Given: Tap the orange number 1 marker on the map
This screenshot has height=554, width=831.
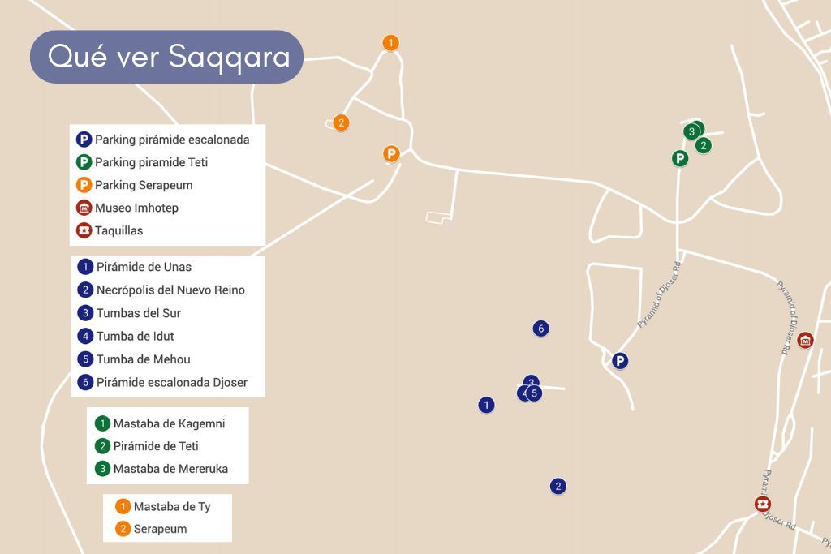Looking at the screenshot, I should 391,43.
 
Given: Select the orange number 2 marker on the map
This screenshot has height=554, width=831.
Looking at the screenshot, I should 342,123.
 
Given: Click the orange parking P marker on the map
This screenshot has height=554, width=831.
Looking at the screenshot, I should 392,153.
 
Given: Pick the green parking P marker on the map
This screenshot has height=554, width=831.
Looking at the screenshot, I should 680,158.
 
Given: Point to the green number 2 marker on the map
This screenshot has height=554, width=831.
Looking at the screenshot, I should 704,146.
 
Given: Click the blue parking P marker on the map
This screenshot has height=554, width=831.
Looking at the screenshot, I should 620,361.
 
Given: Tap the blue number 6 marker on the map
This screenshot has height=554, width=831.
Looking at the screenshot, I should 541,329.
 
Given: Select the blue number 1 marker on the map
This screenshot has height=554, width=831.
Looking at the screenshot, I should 486,405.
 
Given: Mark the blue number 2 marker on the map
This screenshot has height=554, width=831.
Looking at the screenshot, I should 558,487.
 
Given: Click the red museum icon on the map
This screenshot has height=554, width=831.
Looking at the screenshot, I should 805,341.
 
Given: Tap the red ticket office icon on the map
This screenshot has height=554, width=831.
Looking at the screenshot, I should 763,505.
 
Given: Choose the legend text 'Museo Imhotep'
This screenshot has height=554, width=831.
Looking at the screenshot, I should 136,208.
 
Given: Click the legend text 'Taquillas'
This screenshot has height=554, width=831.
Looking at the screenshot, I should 118,230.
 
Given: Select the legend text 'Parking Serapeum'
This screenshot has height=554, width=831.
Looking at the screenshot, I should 144,185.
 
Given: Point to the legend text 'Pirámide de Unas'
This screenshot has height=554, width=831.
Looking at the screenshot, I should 144,267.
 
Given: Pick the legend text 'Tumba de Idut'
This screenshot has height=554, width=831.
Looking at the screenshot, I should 135,336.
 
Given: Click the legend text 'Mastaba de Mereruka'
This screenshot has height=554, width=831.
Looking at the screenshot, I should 170,469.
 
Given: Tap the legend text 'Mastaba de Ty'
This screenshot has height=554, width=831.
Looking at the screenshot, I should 172,507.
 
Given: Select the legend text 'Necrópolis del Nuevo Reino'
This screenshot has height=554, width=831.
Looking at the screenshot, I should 170,290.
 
